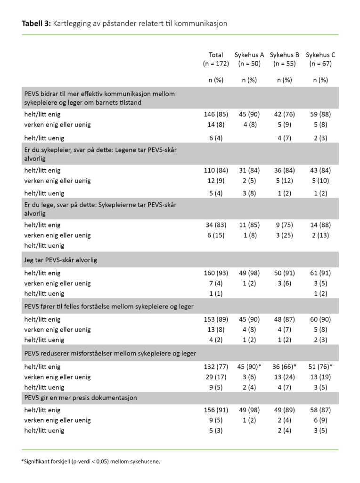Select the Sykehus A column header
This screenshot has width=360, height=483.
249,55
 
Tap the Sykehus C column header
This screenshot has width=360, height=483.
320,55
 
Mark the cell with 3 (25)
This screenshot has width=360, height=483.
285,235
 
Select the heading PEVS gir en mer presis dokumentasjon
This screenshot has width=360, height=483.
81,398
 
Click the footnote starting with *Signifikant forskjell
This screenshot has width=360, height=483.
90,461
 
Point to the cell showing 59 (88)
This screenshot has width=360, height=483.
320,114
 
